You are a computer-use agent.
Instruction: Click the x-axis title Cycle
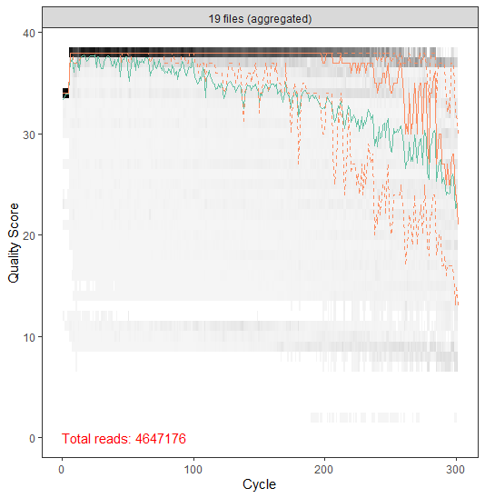click(x=259, y=485)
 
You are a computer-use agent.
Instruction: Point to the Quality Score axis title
click(x=14, y=236)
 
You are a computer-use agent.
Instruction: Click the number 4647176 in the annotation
click(x=160, y=439)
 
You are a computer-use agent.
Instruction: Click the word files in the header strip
click(x=237, y=18)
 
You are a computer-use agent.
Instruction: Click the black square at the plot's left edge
click(x=65, y=93)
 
